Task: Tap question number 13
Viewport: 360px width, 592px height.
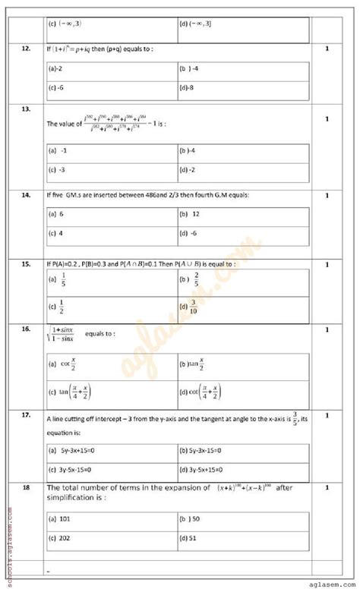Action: point(26,109)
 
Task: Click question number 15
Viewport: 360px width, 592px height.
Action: point(26,264)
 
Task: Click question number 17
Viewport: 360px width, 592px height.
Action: point(26,415)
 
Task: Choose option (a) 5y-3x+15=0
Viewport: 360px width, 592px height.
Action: point(73,451)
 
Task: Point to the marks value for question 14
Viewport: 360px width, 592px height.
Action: point(326,196)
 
